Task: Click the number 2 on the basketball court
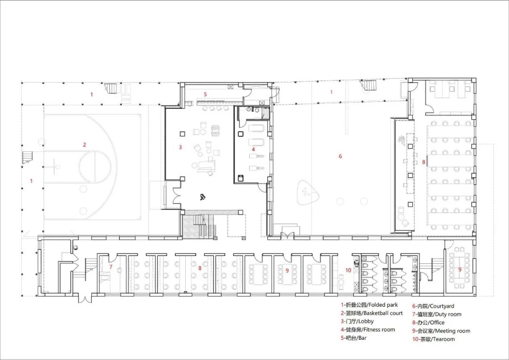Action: point(84,145)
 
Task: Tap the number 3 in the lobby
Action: point(180,147)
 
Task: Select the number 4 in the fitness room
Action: point(253,149)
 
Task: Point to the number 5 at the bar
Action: point(205,94)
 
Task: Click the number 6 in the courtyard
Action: point(340,156)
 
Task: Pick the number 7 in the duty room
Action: point(111,267)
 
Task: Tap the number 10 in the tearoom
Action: point(348,270)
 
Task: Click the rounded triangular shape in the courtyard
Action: point(308,193)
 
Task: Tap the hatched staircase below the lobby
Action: point(198,225)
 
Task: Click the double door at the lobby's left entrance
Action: point(177,195)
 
